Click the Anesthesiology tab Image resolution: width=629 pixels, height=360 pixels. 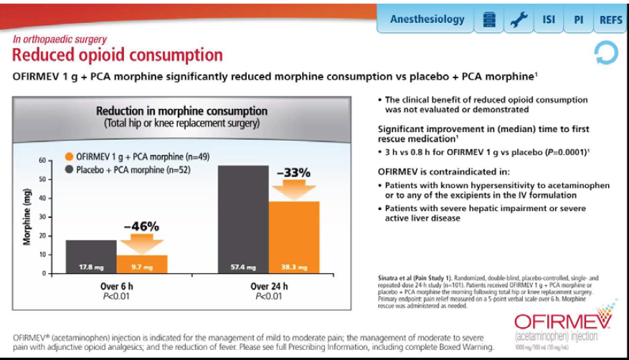click(x=427, y=19)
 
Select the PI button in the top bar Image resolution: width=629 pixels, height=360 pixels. click(x=578, y=19)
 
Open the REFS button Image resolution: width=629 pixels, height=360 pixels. click(x=610, y=19)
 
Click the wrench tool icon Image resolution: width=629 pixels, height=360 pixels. click(x=516, y=19)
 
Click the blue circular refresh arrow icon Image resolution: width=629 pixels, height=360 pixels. click(x=605, y=53)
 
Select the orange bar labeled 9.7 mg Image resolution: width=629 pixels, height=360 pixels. click(x=142, y=264)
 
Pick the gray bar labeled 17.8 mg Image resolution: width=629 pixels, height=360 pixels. click(x=91, y=257)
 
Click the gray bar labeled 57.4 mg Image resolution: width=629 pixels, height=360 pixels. click(x=242, y=219)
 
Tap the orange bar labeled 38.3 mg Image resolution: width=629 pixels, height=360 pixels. click(x=293, y=237)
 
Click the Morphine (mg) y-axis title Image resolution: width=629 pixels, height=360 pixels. click(x=27, y=217)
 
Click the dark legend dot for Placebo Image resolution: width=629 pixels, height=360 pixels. click(x=69, y=171)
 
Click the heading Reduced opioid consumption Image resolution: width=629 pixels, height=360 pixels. click(x=118, y=55)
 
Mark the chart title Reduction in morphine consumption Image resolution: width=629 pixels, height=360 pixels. click(x=181, y=111)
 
